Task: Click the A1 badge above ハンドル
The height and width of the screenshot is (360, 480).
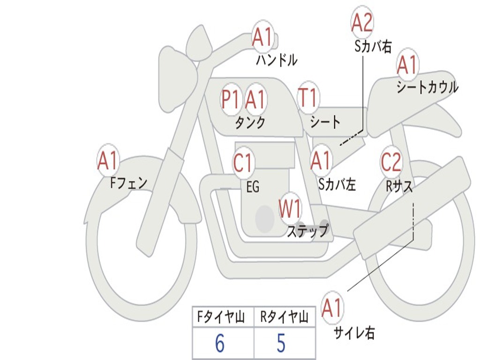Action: coord(262,37)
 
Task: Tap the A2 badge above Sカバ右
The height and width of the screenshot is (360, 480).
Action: coord(362,22)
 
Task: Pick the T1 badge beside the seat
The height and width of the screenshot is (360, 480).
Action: coord(308,98)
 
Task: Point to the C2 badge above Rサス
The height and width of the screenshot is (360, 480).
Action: coord(390,162)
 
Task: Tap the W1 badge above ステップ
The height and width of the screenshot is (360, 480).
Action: coord(290,209)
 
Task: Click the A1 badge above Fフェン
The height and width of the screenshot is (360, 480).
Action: coord(108,161)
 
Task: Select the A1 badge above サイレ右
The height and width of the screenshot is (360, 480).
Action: coord(332,308)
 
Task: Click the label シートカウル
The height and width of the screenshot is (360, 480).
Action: coord(427,88)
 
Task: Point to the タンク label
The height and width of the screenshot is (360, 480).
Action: coord(250,123)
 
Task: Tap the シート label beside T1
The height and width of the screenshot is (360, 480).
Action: coord(325,122)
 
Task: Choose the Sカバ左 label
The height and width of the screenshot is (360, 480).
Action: coord(337,185)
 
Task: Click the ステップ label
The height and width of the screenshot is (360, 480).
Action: coord(308,231)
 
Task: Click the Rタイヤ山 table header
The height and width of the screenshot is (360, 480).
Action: coord(284,318)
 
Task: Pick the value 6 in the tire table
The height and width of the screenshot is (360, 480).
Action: coord(219,344)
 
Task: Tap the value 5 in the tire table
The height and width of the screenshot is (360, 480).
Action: coord(281,344)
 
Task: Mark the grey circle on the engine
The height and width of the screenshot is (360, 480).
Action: coord(264,218)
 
